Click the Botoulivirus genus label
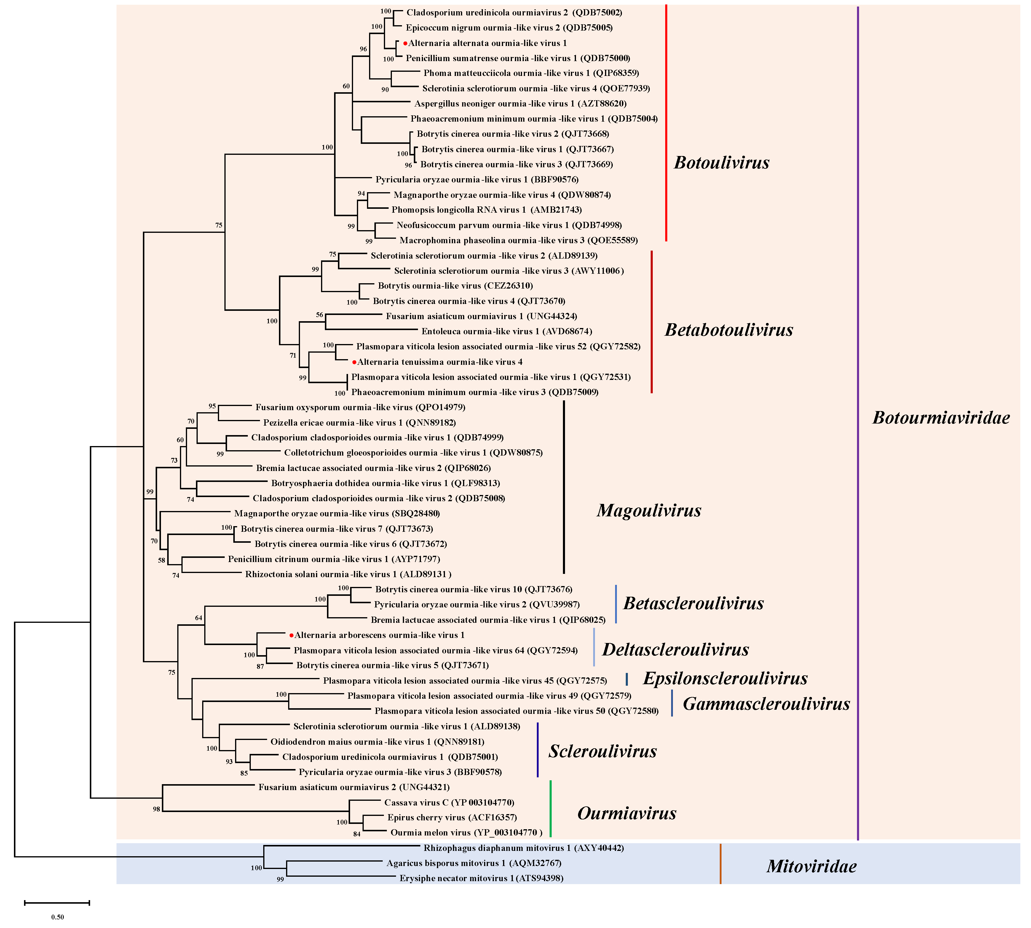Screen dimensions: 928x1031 [x=721, y=163]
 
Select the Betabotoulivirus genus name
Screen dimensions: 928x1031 [x=728, y=330]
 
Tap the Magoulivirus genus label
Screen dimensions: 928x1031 [x=649, y=510]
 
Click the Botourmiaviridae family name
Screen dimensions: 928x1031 [x=941, y=418]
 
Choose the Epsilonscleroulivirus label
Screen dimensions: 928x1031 [x=725, y=679]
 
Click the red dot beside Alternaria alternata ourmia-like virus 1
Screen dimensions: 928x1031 [x=405, y=43]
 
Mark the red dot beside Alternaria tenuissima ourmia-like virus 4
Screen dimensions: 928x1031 [x=354, y=362]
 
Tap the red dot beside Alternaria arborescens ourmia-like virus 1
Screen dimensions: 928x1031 [x=291, y=635]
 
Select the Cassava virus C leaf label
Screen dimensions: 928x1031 [x=449, y=803]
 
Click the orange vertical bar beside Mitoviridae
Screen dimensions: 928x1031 [x=720, y=864]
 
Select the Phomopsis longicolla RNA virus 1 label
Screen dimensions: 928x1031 [x=486, y=210]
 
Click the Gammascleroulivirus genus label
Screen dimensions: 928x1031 [x=766, y=704]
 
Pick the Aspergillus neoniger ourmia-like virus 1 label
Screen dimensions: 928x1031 [x=520, y=104]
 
